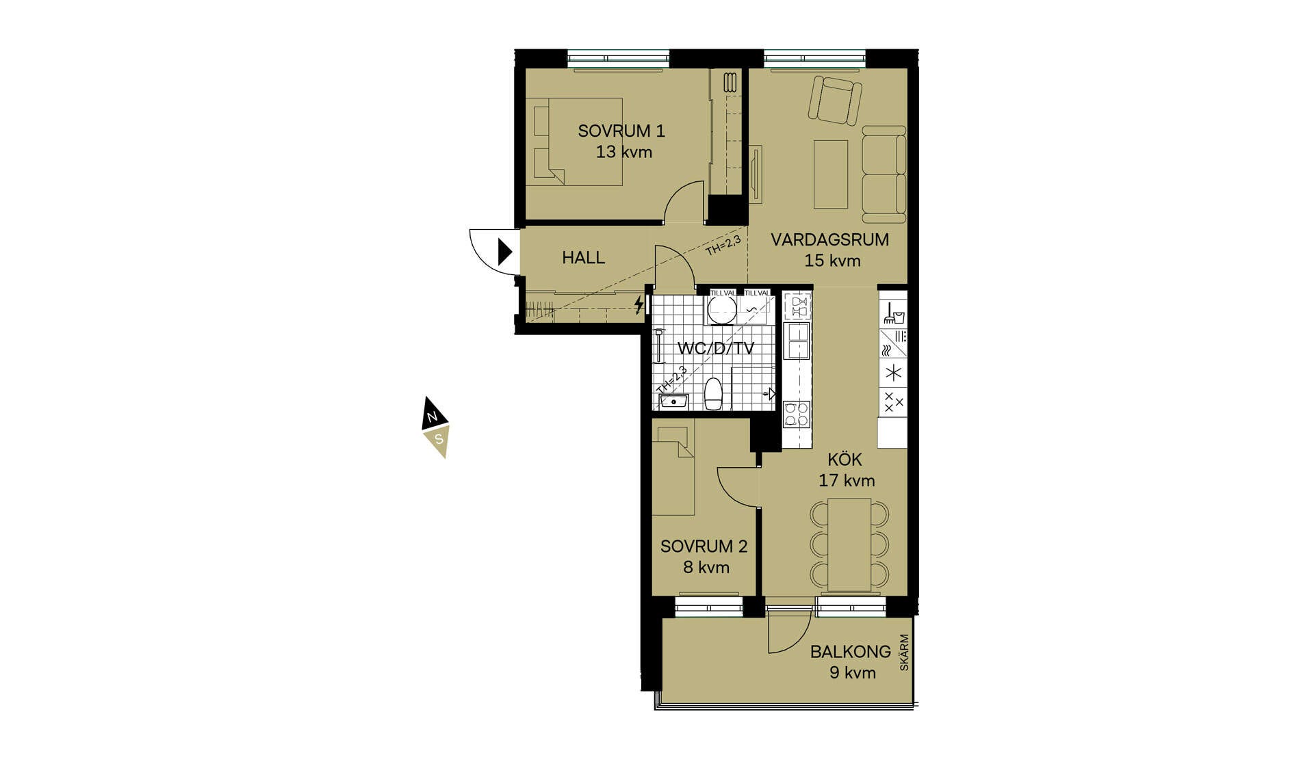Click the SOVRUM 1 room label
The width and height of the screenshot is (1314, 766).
click(621, 131)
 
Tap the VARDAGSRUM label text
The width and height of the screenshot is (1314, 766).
click(829, 239)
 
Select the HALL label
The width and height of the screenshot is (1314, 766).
click(583, 257)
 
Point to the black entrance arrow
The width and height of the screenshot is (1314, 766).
click(505, 252)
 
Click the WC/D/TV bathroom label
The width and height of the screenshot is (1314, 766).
click(715, 348)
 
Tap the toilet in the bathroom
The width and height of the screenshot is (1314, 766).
click(713, 393)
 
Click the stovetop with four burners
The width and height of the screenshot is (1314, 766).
click(797, 414)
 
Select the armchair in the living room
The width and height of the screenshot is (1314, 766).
click(834, 100)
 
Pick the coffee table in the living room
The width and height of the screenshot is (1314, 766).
click(830, 174)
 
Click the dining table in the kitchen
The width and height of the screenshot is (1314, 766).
click(849, 544)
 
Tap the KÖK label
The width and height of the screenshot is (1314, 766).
click(845, 459)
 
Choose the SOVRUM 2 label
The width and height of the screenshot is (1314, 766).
click(704, 546)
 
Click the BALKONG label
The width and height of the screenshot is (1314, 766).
click(850, 651)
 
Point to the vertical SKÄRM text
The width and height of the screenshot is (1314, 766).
click(904, 652)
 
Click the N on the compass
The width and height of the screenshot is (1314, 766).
click(432, 417)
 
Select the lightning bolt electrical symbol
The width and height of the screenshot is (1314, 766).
click(639, 304)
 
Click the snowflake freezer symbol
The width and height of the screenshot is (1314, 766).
click(893, 373)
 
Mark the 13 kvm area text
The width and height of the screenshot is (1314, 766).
click(623, 152)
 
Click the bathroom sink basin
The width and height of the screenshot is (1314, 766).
click(673, 401)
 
